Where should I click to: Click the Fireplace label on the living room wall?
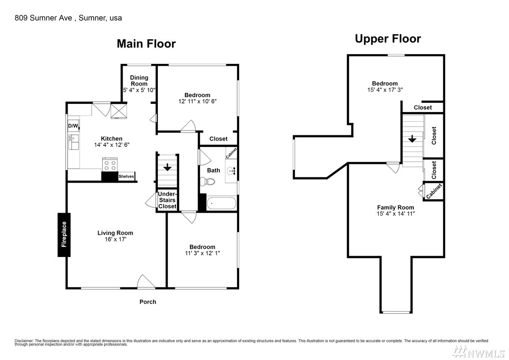pyautogui.click(x=64, y=234)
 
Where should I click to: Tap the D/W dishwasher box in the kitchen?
pyautogui.click(x=73, y=126)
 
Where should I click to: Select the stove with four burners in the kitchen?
pyautogui.click(x=110, y=164)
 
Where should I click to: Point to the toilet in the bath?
pyautogui.click(x=208, y=181)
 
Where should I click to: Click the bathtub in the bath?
pyautogui.click(x=221, y=203)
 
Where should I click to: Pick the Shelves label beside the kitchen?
pyautogui.click(x=126, y=176)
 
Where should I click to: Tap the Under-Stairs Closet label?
pyautogui.click(x=167, y=200)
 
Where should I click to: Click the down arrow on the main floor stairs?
pyautogui.click(x=168, y=167)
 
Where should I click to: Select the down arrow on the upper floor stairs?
pyautogui.click(x=412, y=139)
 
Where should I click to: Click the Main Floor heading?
pyautogui.click(x=146, y=44)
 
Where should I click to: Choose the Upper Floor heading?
pyautogui.click(x=388, y=39)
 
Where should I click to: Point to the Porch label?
pyautogui.click(x=148, y=302)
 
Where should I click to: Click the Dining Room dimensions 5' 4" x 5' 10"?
pyautogui.click(x=139, y=90)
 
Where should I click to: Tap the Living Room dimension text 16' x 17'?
pyautogui.click(x=115, y=240)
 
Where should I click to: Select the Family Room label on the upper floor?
pyautogui.click(x=396, y=207)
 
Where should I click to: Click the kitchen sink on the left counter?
pyautogui.click(x=73, y=143)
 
